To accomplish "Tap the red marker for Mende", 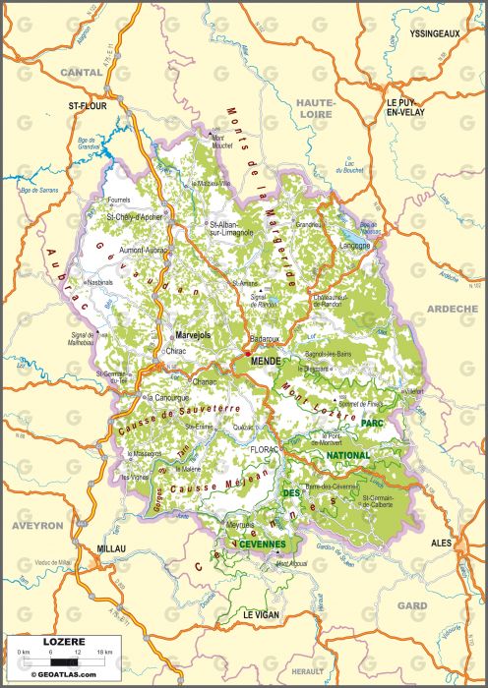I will [246, 352].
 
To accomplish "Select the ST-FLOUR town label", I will [87, 103].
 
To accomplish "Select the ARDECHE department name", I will [452, 309].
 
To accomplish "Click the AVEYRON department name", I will [37, 526].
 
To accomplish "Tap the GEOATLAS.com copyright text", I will [65, 674].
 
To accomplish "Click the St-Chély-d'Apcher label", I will [134, 216].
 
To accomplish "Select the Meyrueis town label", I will [241, 525].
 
